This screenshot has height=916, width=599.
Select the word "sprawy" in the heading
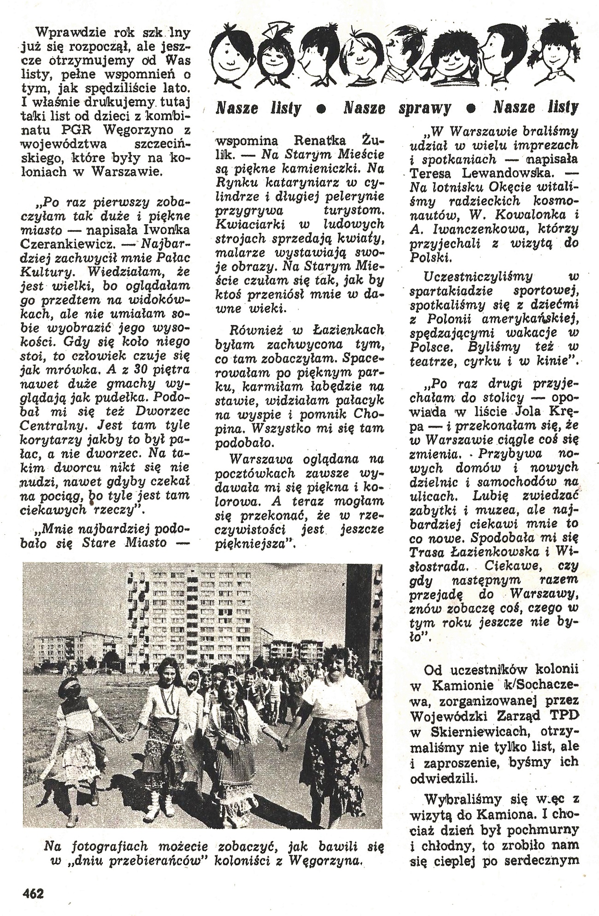(x=424, y=108)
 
